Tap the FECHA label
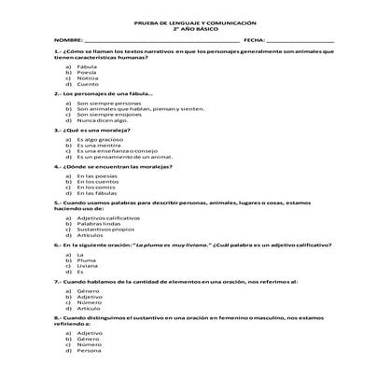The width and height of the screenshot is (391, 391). pos(254,41)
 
